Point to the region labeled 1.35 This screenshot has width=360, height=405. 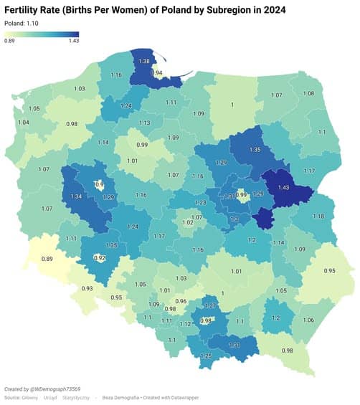coord(254,150)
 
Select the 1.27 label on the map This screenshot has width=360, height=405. coord(210,306)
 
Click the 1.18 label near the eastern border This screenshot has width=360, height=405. coord(318,216)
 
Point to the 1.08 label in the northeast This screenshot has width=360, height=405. coord(308,94)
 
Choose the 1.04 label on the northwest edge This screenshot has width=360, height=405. coord(24,123)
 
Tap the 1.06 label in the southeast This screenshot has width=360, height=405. coord(309,320)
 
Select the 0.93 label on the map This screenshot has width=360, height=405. coord(87,288)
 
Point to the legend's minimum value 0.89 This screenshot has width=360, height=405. coord(10,41)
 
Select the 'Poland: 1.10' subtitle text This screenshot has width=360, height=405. coord(22,23)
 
